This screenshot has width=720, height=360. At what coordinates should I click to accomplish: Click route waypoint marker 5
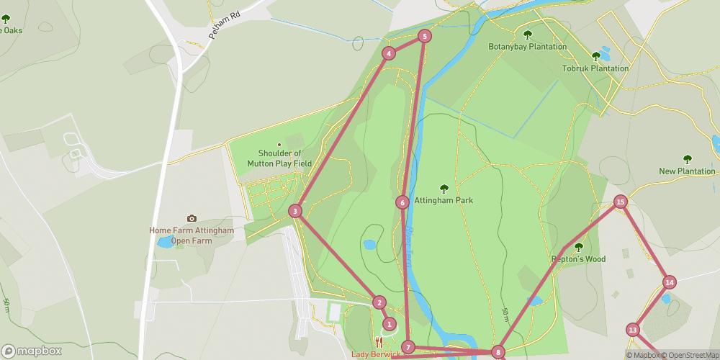click(425, 36)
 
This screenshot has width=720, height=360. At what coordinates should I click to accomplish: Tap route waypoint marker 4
click(389, 53)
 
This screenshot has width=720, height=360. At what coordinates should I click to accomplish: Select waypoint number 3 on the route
click(294, 211)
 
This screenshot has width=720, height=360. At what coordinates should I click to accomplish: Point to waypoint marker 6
click(402, 202)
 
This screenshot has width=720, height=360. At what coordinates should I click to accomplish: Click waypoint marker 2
click(379, 303)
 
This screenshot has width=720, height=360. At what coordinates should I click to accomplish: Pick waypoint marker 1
click(390, 324)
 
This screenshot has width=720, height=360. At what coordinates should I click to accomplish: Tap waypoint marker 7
click(408, 347)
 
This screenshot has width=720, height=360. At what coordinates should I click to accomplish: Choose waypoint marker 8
click(498, 352)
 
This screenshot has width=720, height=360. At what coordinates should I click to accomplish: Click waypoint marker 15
click(620, 202)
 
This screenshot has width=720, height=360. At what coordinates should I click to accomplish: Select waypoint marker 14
click(670, 282)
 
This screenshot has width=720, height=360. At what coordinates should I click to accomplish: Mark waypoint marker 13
click(633, 330)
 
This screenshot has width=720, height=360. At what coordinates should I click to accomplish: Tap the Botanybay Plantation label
click(528, 47)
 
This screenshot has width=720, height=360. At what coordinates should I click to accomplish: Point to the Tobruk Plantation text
click(595, 68)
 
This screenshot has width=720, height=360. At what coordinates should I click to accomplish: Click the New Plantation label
click(687, 171)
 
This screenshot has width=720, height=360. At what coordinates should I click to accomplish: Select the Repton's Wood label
click(579, 258)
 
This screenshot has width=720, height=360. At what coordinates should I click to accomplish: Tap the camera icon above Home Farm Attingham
click(192, 218)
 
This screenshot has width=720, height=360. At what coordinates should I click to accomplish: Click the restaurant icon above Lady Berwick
click(379, 343)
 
